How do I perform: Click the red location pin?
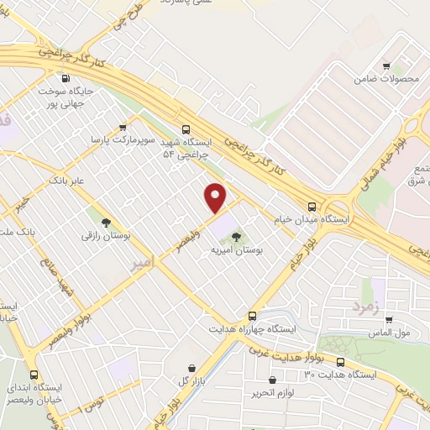(216, 197)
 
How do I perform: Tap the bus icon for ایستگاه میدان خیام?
(312, 206)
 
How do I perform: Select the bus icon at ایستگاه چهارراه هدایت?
(252, 317)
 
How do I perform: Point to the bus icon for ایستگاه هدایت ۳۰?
(339, 362)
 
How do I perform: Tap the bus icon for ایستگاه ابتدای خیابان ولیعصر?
(34, 375)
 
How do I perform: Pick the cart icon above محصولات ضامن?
(386, 66)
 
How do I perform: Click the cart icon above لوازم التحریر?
(254, 392)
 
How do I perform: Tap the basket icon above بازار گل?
(193, 368)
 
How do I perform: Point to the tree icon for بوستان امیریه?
(236, 236)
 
